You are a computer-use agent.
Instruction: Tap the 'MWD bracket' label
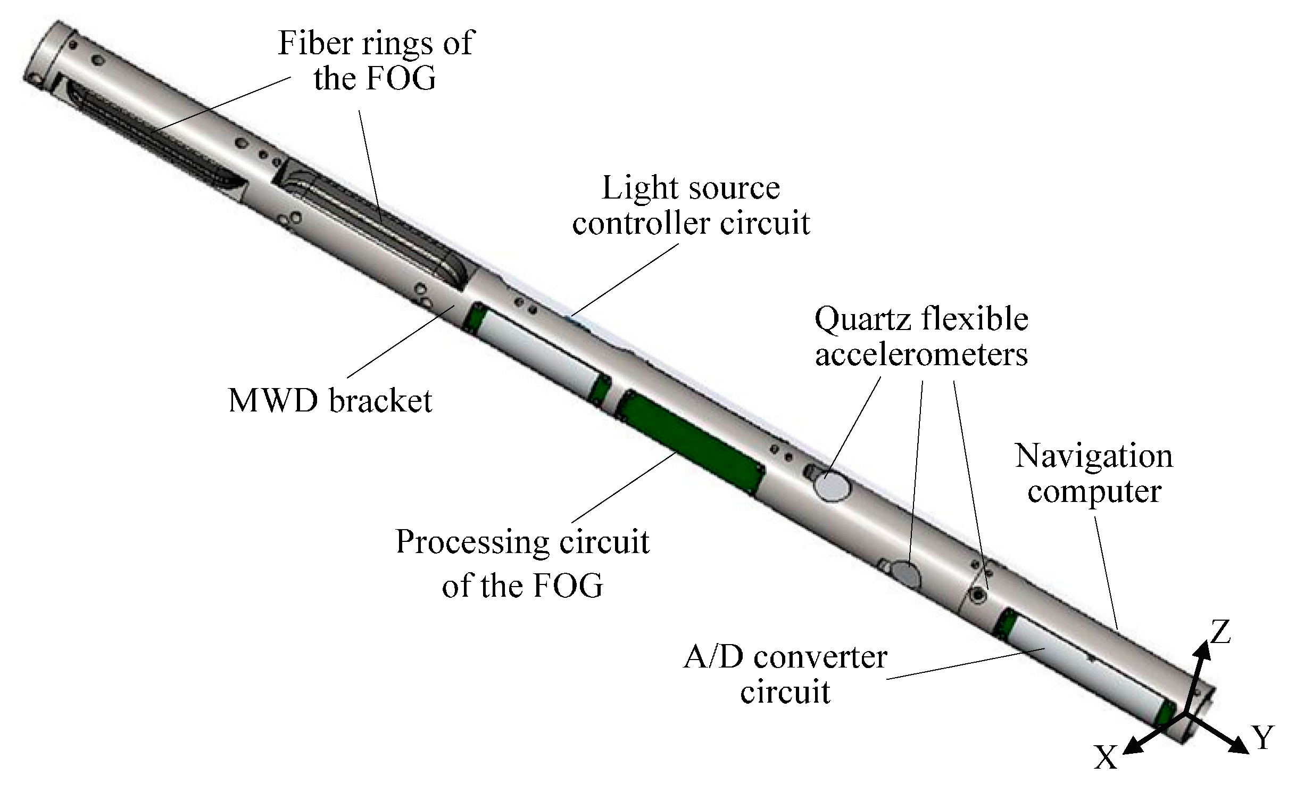coord(330,400)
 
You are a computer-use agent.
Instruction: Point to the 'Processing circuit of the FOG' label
coord(522,563)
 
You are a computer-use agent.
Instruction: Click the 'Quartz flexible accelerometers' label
coord(921,337)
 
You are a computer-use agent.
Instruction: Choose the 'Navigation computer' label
coord(1094,473)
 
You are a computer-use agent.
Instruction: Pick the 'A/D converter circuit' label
coord(785,674)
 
